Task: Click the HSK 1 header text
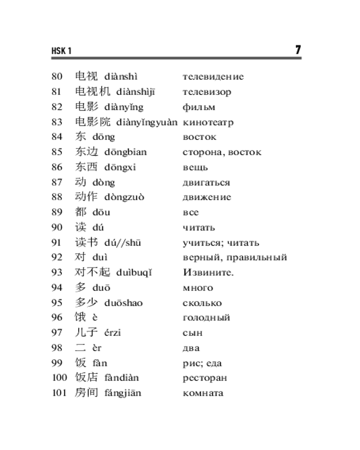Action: point(62,51)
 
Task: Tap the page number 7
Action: point(298,49)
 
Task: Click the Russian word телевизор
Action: point(207,92)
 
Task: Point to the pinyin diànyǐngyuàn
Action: point(147,122)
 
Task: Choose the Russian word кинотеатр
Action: point(208,122)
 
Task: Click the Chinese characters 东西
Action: point(86,167)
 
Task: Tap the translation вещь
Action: point(195,167)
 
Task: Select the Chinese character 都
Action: point(80,212)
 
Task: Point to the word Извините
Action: point(208,272)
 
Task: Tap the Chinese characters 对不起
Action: point(92,272)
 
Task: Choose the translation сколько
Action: point(202,303)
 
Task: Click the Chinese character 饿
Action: point(80,317)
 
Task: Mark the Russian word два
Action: point(191,348)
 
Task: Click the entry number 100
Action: point(59,378)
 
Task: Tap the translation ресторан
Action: point(205,378)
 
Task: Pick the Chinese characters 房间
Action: point(86,393)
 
